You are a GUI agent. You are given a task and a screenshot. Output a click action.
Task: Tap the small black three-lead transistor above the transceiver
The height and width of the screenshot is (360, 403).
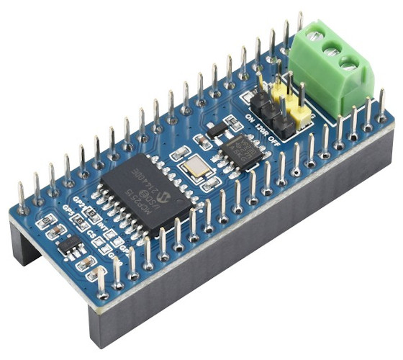click(x=214, y=129)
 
